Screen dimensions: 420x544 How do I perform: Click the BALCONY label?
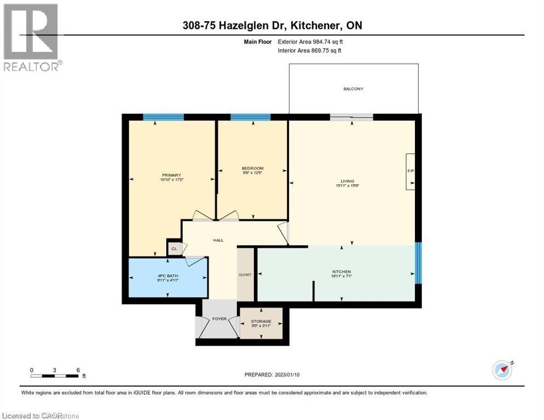click(353, 89)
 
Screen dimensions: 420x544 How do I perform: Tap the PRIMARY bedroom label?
click(171, 175)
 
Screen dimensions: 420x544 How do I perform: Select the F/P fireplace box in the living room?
click(410, 172)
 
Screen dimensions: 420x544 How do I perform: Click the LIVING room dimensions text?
click(348, 186)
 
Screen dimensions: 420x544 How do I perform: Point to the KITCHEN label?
click(341, 272)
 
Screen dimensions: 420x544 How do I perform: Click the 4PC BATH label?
click(167, 275)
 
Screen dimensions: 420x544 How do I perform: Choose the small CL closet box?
click(174, 249)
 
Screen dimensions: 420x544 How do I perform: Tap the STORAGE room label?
click(261, 322)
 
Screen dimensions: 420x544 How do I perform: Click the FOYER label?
click(219, 319)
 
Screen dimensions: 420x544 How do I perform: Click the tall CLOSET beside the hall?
click(245, 274)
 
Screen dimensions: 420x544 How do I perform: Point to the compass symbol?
click(502, 370)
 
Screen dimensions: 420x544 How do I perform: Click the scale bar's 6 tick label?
click(78, 370)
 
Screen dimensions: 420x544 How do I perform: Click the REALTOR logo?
click(31, 37)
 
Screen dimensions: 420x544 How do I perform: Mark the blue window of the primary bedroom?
click(163, 116)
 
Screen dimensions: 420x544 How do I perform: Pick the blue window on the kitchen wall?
click(418, 263)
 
